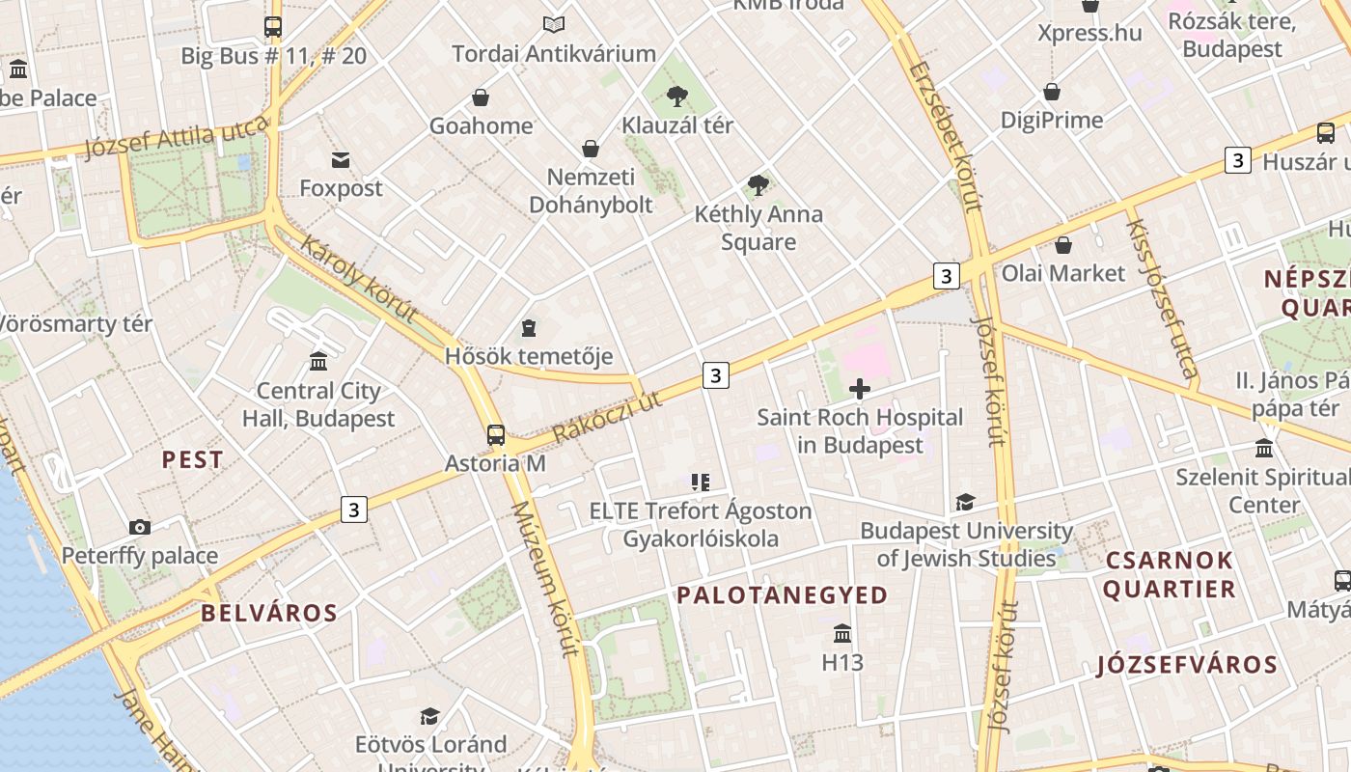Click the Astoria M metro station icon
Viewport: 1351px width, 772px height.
[x=496, y=435]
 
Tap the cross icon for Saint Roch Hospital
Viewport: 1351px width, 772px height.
[x=859, y=389]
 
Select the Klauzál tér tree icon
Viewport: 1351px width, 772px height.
[x=677, y=96]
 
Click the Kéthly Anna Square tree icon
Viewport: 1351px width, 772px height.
[x=758, y=184]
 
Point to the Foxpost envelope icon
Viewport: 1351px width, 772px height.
[x=341, y=159]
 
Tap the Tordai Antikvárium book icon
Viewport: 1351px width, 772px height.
[x=554, y=24]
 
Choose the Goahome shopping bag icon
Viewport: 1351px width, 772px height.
[x=481, y=97]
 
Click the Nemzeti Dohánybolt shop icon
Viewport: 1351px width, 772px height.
[x=591, y=149]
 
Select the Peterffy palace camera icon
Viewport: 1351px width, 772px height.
[x=140, y=527]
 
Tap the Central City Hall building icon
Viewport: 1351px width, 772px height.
[x=318, y=362]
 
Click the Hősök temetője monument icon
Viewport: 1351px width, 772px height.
[x=529, y=328]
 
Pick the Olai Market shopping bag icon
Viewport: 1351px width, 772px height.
[x=1063, y=245]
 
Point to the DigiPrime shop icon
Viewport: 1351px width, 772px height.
[x=1052, y=92]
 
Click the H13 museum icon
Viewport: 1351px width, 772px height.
[x=842, y=634]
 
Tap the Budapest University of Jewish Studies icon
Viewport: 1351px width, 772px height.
[x=965, y=502]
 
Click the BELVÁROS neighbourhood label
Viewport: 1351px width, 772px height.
[x=269, y=613]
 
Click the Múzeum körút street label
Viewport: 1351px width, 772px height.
[x=546, y=579]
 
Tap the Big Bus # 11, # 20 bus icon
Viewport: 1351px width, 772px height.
[x=273, y=27]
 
